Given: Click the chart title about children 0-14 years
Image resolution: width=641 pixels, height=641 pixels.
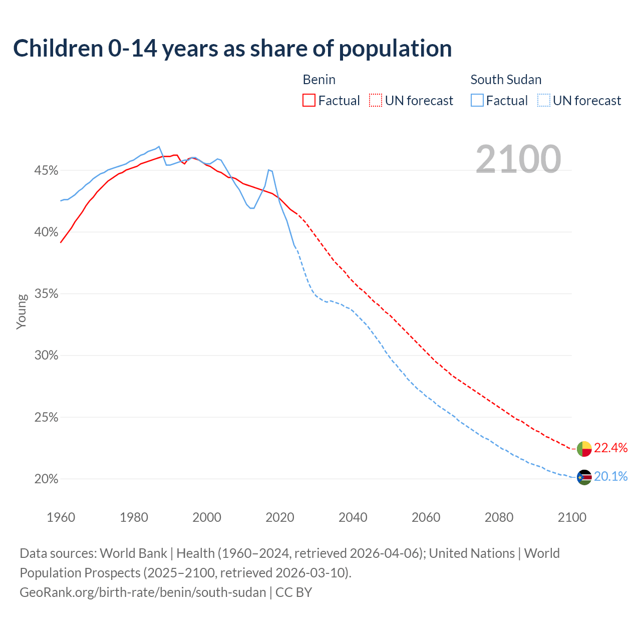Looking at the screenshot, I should [x=232, y=49].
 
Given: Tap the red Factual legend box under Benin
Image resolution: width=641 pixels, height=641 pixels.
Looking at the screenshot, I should [x=309, y=101].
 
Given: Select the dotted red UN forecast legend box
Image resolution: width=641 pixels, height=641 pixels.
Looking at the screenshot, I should [x=376, y=101].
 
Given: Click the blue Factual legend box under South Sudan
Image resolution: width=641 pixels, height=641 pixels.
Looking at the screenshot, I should [x=477, y=101].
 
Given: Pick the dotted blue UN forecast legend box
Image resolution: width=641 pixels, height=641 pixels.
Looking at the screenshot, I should [x=543, y=101].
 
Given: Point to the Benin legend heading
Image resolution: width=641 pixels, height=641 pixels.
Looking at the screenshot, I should [x=319, y=80].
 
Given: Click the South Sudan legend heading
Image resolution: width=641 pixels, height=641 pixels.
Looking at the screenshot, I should [x=506, y=80].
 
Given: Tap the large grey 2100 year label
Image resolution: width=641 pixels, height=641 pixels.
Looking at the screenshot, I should [x=518, y=159].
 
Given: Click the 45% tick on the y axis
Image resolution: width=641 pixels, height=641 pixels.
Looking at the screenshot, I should [x=46, y=171].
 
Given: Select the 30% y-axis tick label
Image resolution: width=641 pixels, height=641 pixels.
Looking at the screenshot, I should [x=46, y=356].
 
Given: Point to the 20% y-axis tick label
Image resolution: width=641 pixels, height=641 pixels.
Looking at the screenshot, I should [x=46, y=479].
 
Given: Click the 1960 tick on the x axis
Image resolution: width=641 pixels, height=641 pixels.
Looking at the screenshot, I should [x=61, y=517].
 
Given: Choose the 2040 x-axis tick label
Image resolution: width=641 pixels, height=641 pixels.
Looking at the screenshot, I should [x=353, y=517].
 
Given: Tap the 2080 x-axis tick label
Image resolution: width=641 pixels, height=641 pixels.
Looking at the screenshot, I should [x=499, y=517].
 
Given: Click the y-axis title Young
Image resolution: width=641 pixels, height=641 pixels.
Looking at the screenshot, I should [x=22, y=311].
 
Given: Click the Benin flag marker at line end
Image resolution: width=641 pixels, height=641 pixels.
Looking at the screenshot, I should [x=584, y=449].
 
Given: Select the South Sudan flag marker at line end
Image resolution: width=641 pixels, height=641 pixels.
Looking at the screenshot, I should [x=584, y=477].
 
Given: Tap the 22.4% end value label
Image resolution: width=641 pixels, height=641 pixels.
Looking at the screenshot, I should [x=611, y=448].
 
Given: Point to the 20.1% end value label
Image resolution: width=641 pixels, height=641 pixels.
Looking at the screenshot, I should [x=611, y=476].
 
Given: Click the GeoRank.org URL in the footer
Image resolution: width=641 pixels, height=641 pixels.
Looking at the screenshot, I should [x=143, y=592].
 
